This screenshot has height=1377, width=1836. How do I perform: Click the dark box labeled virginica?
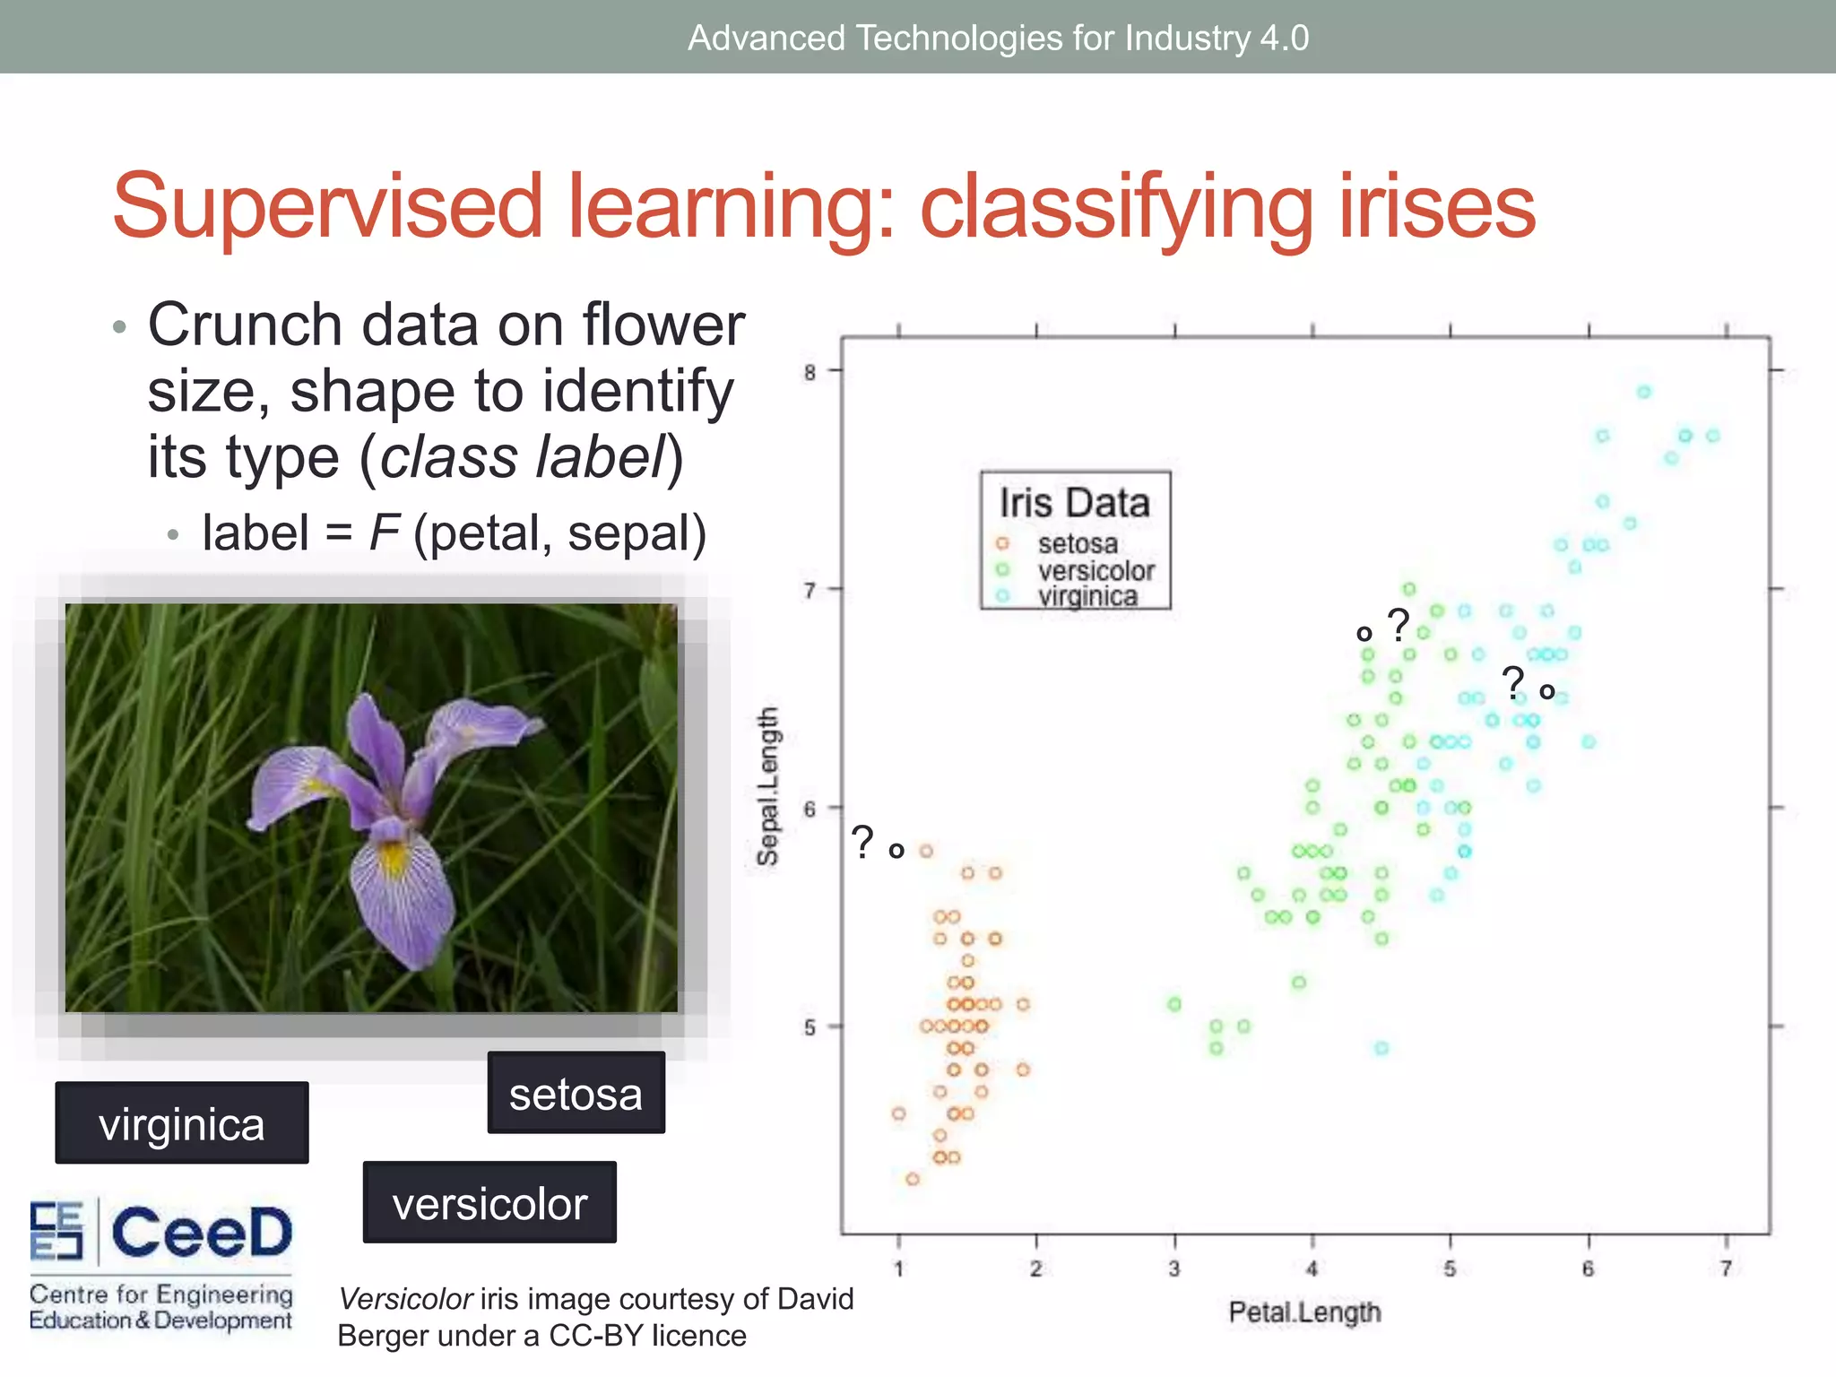(182, 1123)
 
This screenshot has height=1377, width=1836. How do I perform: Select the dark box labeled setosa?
(576, 1094)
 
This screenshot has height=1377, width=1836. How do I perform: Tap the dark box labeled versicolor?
(489, 1203)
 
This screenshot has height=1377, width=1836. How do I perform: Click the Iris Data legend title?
(1074, 502)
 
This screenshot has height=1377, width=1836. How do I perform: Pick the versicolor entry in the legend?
(1096, 570)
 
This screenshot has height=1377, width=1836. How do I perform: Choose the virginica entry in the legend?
(1087, 596)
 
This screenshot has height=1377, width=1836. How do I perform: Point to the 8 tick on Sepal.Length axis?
(810, 372)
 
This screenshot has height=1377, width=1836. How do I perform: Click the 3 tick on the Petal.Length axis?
(1173, 1269)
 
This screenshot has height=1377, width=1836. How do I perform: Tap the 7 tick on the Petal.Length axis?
(1726, 1269)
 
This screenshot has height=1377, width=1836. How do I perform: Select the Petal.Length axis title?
(1304, 1312)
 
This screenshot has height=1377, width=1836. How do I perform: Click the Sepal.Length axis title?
(767, 786)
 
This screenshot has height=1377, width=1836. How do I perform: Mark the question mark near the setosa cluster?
(862, 842)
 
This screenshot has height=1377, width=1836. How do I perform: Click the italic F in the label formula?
(384, 533)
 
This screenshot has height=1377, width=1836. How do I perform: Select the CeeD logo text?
(202, 1233)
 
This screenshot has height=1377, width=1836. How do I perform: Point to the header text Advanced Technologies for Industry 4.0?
(998, 38)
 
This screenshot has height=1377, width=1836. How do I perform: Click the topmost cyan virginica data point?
(1643, 392)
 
